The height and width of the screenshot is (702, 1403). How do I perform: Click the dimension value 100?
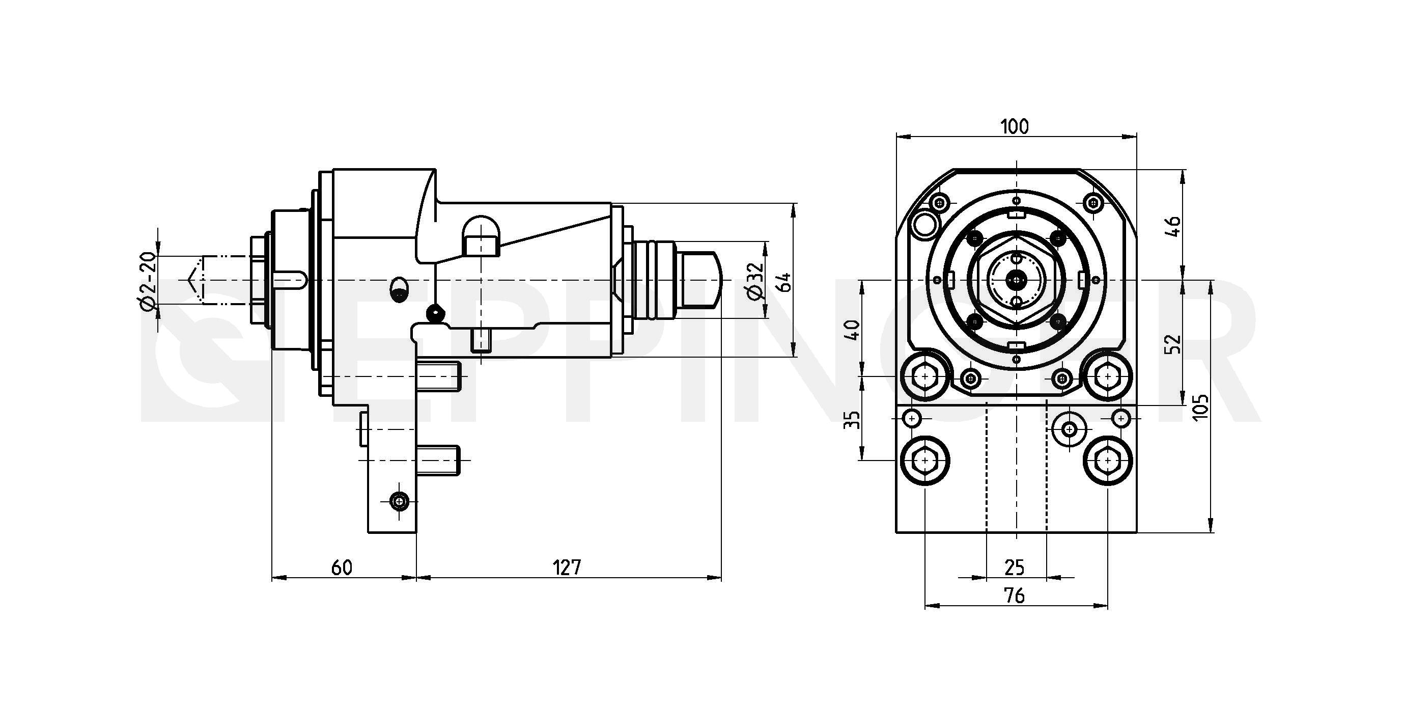(x=1015, y=127)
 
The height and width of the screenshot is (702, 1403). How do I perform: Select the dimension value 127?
(x=568, y=568)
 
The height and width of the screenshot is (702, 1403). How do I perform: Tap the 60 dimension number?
(x=342, y=568)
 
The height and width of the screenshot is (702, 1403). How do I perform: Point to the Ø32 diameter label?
(x=755, y=281)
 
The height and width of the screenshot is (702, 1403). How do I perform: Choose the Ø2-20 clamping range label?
(x=148, y=281)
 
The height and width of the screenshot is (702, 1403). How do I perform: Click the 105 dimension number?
(x=1200, y=407)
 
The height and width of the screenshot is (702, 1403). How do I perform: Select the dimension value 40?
(x=853, y=330)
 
